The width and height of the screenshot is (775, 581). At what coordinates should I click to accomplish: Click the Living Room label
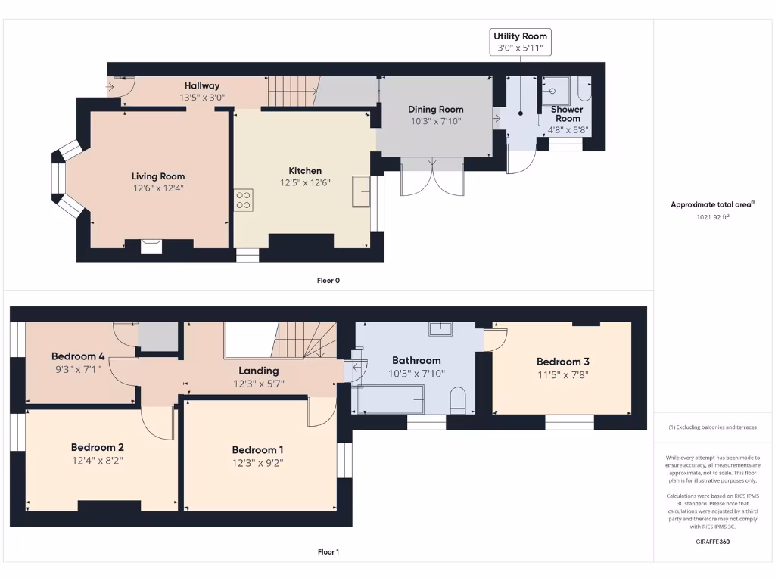(158, 176)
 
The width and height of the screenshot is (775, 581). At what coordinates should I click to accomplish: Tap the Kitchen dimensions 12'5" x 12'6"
(305, 183)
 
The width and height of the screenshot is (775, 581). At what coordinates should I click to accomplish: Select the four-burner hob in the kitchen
(243, 200)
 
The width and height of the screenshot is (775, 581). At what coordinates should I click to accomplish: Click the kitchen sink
(361, 191)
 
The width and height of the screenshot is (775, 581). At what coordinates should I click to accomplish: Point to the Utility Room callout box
(520, 42)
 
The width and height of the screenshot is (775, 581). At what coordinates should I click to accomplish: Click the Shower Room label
(568, 114)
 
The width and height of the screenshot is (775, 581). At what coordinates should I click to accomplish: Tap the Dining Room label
(435, 110)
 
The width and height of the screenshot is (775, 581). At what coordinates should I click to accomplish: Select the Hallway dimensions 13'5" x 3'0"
(202, 98)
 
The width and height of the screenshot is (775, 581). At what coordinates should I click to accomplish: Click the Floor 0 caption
(328, 281)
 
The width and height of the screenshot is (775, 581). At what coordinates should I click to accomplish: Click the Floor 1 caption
(328, 551)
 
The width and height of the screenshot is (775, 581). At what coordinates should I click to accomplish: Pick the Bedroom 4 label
(78, 356)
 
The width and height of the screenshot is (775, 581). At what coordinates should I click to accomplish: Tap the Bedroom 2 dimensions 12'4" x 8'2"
(98, 461)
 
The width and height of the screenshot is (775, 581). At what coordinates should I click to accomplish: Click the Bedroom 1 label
(257, 450)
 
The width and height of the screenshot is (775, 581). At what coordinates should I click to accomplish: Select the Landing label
(259, 371)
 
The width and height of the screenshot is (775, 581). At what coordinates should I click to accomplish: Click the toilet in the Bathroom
(458, 399)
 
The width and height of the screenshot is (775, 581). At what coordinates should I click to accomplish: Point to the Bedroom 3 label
(563, 362)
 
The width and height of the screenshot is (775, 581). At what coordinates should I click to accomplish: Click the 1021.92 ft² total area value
(713, 217)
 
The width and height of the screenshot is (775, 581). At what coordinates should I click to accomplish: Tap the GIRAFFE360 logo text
(713, 542)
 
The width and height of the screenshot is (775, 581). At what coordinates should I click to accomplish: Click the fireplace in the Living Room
(151, 247)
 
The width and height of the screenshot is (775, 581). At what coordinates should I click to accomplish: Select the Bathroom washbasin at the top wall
(440, 328)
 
